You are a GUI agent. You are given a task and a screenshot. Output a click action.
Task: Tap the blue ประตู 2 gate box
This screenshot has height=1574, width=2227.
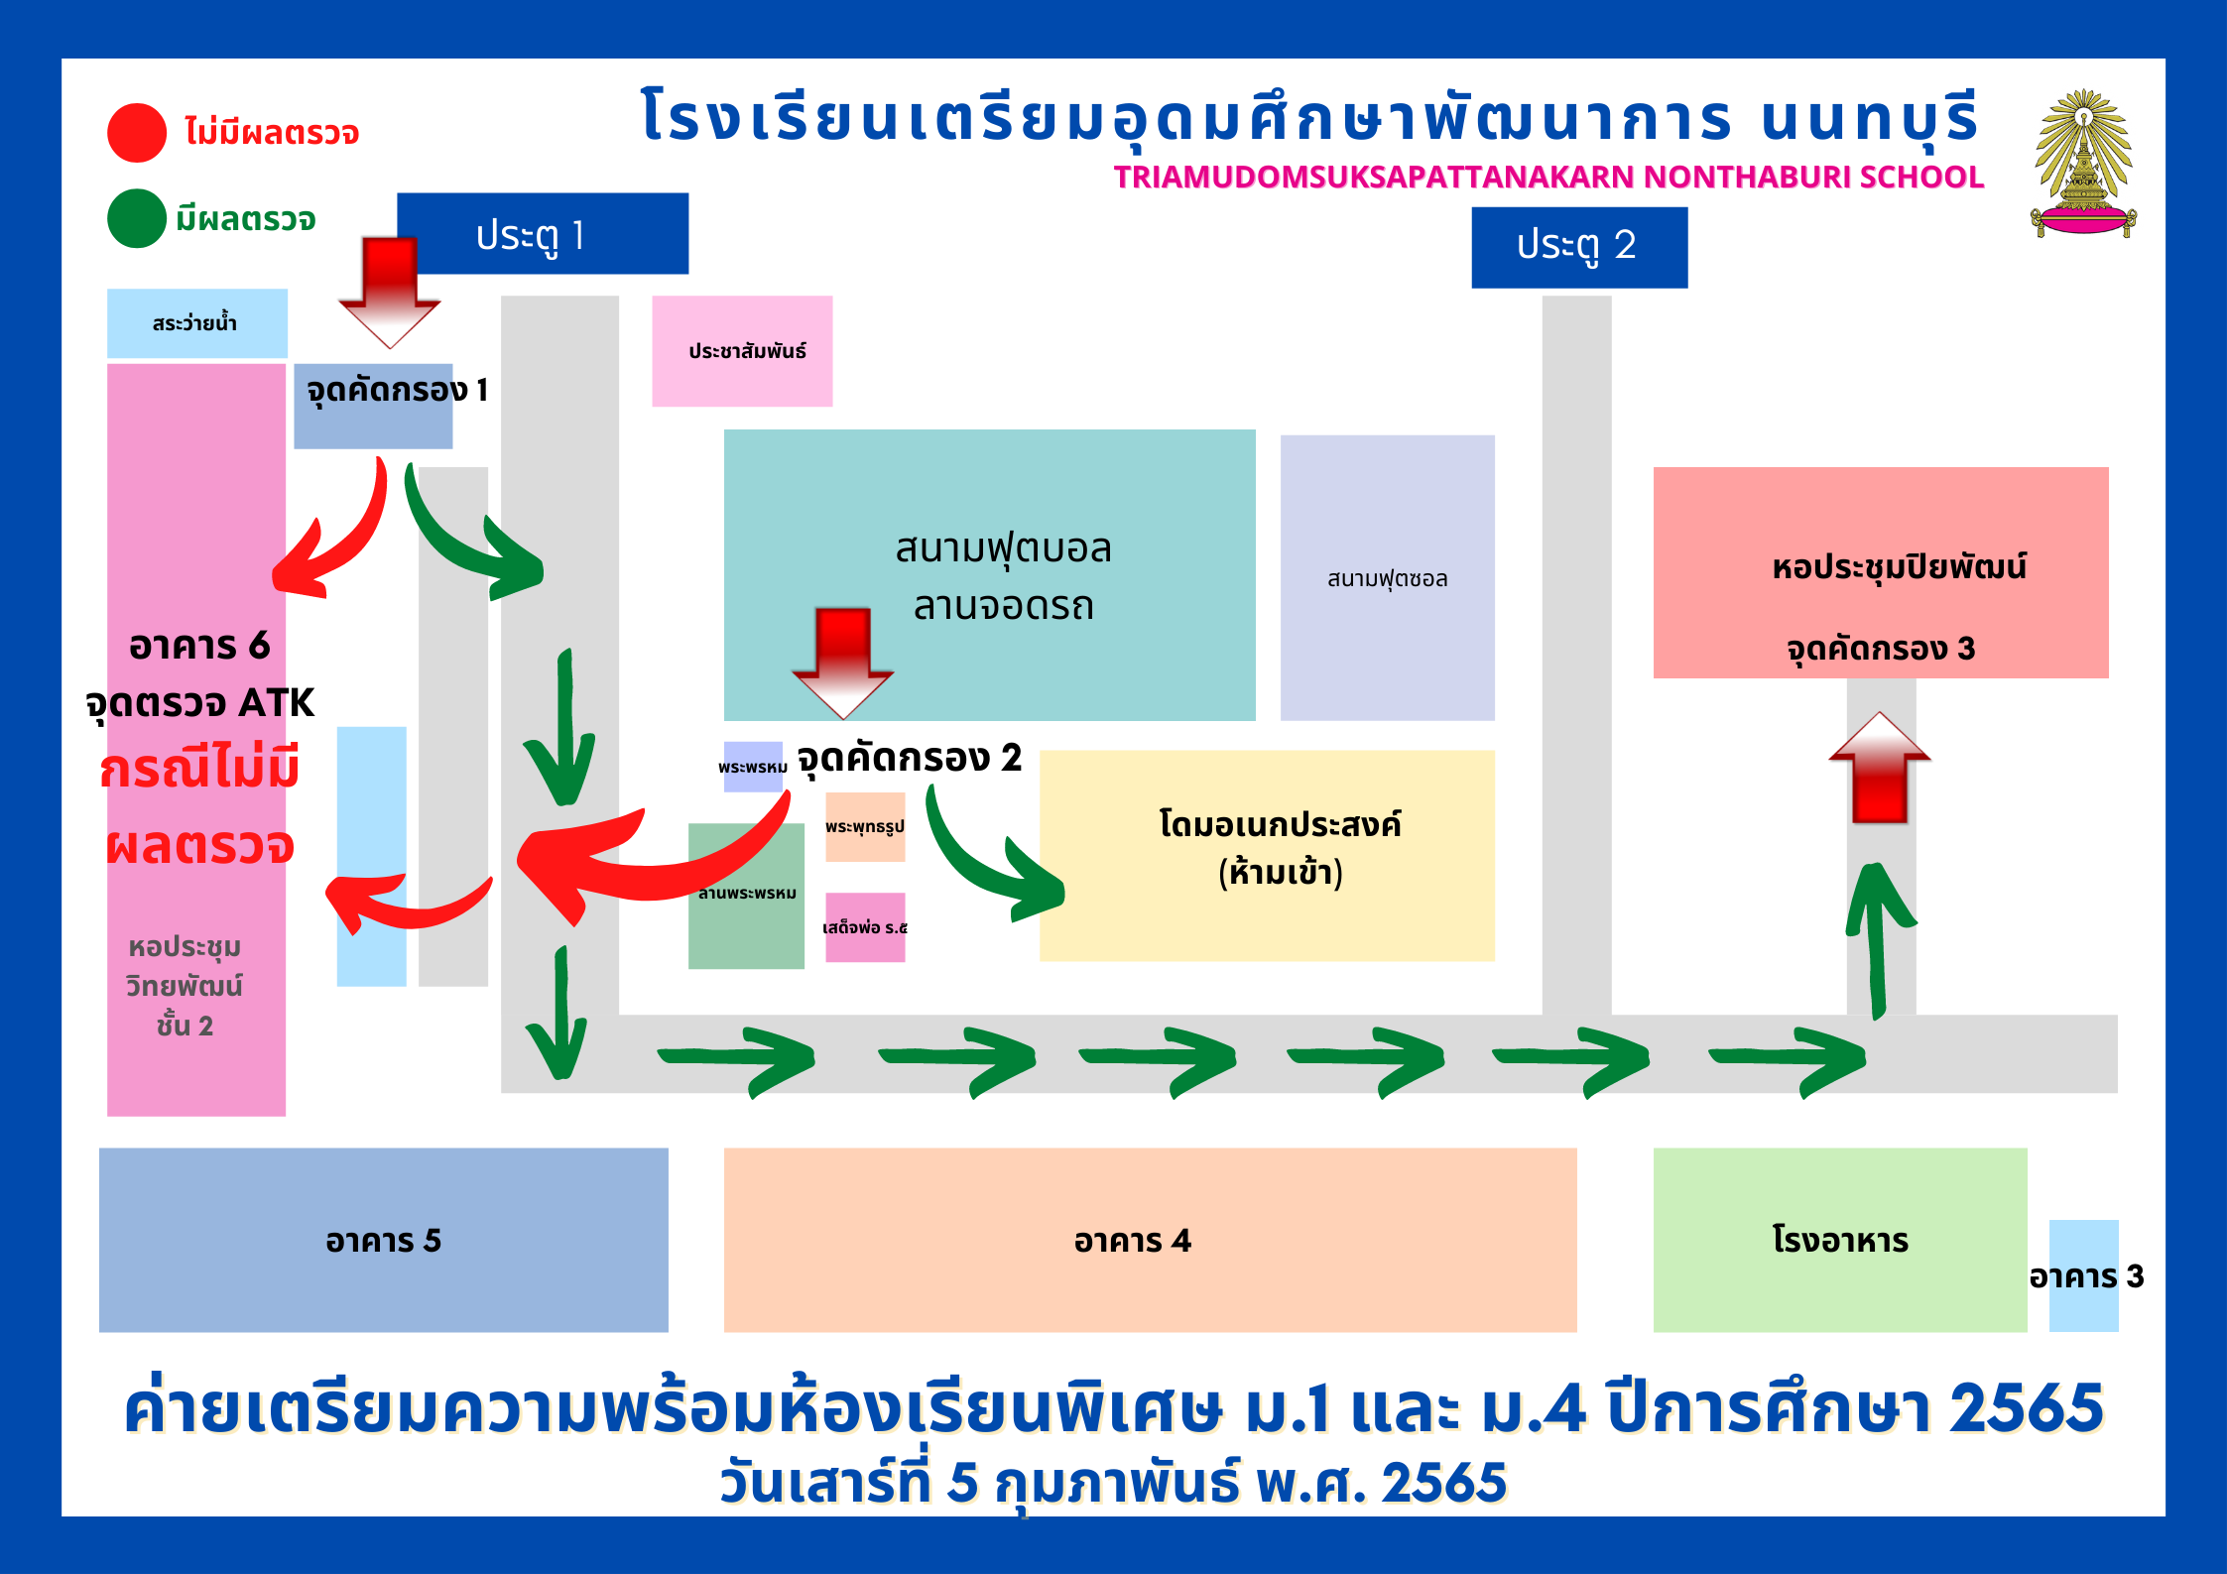1578,247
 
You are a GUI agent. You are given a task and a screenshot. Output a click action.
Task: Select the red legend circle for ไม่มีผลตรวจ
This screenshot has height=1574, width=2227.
137,133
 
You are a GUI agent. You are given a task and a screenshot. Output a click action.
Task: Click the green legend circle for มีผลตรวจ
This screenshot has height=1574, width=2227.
137,218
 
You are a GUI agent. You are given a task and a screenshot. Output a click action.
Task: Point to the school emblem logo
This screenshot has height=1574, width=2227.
2082,165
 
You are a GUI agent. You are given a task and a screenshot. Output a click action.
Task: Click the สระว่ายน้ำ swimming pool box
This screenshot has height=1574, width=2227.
196,323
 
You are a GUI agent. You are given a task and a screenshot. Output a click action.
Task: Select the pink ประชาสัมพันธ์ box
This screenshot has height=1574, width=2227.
742,351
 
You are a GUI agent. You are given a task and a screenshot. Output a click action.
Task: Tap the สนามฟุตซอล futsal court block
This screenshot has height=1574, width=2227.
1387,577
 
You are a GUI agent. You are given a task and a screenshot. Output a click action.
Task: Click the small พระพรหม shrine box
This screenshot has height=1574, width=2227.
752,767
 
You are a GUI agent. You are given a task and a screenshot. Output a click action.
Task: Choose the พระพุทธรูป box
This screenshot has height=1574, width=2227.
865,826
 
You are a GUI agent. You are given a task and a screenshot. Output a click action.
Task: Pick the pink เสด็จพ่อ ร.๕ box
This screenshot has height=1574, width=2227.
865,927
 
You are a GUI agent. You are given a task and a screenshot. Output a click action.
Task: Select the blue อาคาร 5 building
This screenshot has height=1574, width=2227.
383,1240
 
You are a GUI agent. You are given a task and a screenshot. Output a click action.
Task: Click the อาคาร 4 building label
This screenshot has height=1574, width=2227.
1132,1241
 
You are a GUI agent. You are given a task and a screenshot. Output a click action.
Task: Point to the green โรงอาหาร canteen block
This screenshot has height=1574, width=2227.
1839,1240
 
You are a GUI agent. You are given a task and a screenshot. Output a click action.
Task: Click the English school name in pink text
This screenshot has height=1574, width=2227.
1547,177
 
